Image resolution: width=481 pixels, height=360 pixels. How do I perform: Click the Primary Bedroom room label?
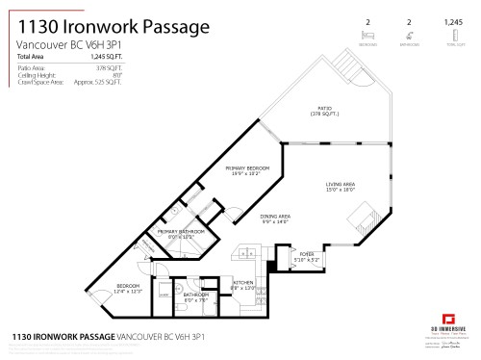click(x=246, y=167)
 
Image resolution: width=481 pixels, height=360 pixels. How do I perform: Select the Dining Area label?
click(x=276, y=217)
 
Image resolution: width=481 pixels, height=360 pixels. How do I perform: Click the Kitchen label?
click(x=242, y=282)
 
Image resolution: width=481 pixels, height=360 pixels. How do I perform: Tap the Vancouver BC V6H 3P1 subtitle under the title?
click(x=71, y=45)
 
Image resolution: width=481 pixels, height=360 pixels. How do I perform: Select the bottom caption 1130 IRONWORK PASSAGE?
click(x=62, y=338)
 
